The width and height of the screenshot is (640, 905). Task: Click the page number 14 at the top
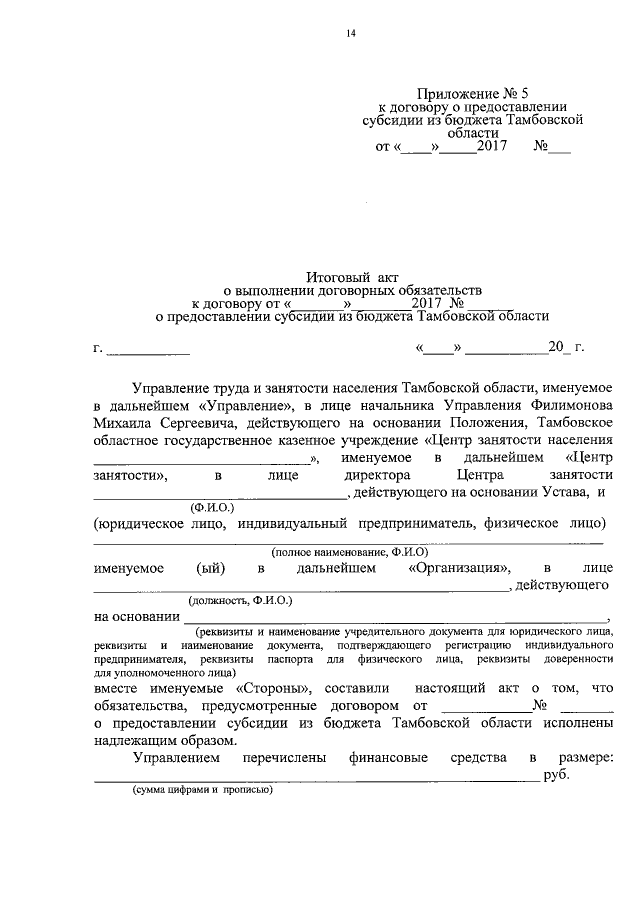(351, 33)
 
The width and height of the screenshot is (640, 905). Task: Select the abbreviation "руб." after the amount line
(556, 777)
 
